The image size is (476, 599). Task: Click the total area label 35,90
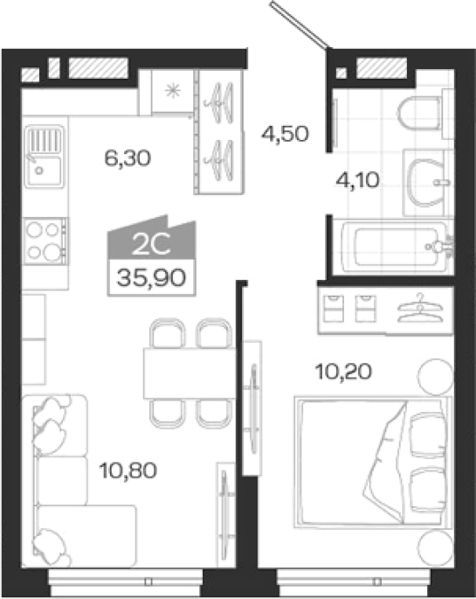click(x=151, y=278)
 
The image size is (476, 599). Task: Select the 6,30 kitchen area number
click(x=128, y=158)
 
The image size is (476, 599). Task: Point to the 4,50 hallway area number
click(x=285, y=134)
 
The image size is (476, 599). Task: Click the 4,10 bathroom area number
click(x=358, y=180)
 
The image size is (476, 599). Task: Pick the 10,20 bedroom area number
click(x=343, y=372)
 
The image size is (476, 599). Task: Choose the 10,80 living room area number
click(x=128, y=470)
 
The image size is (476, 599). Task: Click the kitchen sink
click(x=45, y=156)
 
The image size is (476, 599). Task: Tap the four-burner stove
click(x=45, y=241)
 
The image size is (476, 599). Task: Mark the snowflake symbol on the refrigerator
click(x=173, y=91)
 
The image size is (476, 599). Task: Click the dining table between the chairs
click(x=190, y=373)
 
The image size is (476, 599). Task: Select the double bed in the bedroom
click(x=373, y=463)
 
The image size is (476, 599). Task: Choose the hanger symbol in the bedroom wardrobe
click(x=420, y=308)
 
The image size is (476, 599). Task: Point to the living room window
click(x=126, y=582)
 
